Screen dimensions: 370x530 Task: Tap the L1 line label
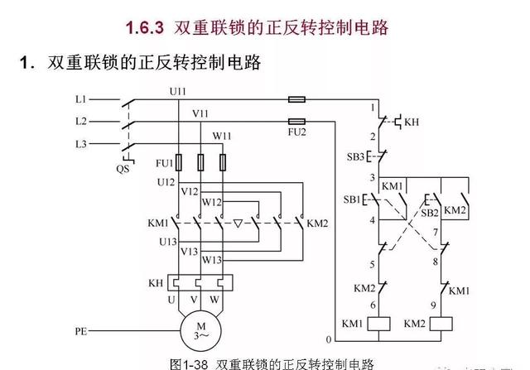click(80, 99)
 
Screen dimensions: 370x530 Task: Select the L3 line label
click(80, 144)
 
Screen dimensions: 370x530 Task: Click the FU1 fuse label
click(163, 162)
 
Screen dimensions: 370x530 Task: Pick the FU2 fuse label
click(296, 132)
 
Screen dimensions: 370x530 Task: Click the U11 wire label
click(177, 89)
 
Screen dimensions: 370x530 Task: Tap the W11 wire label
click(223, 135)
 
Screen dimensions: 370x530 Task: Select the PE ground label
click(80, 331)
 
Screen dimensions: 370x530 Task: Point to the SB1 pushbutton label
click(354, 199)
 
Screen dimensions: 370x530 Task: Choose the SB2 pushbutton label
click(429, 213)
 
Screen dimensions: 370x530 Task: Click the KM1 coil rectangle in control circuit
click(374, 322)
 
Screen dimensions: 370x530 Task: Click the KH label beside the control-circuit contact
click(412, 122)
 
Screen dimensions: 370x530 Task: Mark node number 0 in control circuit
click(329, 340)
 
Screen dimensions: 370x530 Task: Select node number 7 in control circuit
click(435, 233)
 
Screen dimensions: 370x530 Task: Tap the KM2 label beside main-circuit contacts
click(318, 223)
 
